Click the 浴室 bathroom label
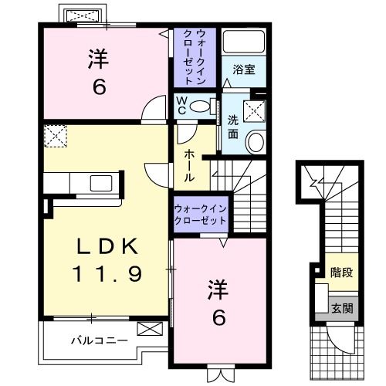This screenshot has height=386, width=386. pyautogui.click(x=245, y=69)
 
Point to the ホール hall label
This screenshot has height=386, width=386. pyautogui.click(x=189, y=164)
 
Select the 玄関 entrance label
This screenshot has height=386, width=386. pyautogui.click(x=340, y=306)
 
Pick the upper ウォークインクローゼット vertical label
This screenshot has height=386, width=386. pyautogui.click(x=200, y=57)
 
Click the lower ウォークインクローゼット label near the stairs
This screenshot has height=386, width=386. pyautogui.click(x=200, y=214)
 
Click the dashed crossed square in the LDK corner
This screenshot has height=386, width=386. pyautogui.click(x=56, y=136)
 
